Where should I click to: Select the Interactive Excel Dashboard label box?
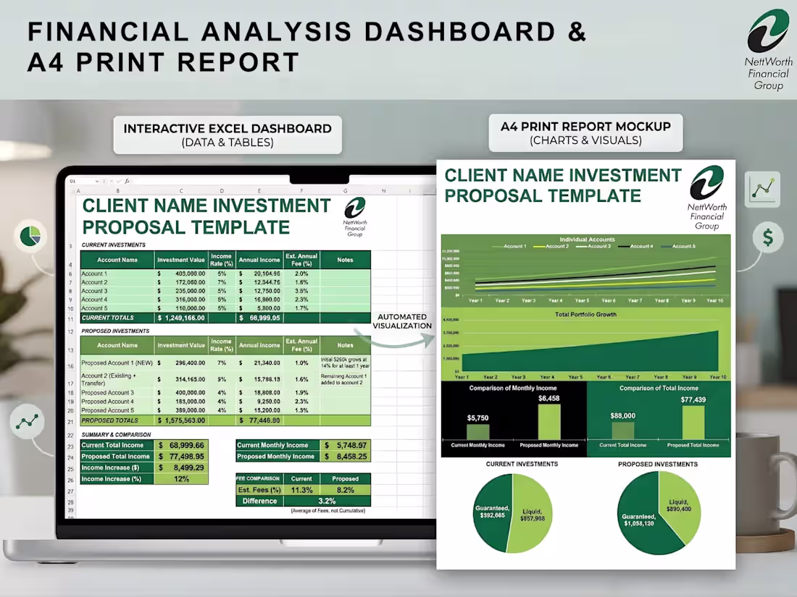[x=228, y=135]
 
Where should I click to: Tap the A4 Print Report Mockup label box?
[x=585, y=132]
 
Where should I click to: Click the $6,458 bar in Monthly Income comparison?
[x=548, y=421]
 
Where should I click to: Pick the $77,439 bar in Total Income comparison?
[x=693, y=422]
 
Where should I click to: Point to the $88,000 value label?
[x=622, y=415]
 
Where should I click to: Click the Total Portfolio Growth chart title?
[x=585, y=315]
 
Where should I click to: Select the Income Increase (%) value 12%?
[x=181, y=479]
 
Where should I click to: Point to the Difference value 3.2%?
[x=327, y=501]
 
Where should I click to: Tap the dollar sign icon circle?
[x=767, y=237]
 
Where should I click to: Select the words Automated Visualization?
[x=402, y=321]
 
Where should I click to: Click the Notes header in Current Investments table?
[x=345, y=260]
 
